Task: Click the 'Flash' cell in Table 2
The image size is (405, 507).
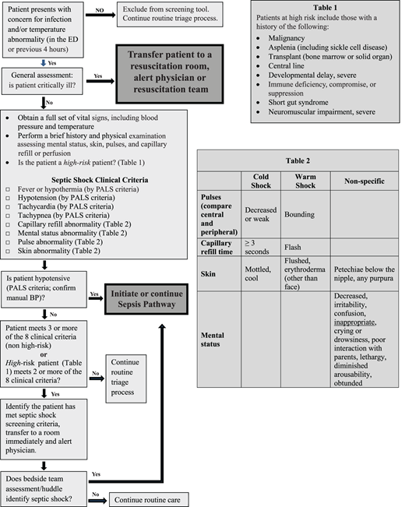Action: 294,245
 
